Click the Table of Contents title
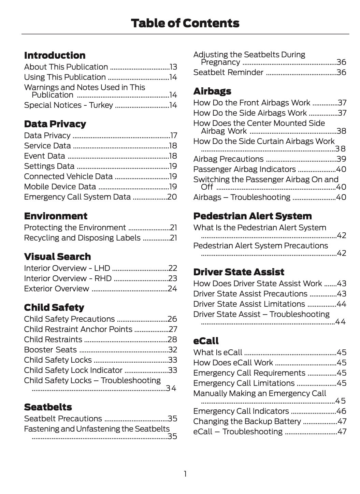pyautogui.click(x=185, y=23)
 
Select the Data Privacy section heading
pyautogui.click(x=55, y=124)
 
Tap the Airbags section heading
pyautogui.click(x=212, y=91)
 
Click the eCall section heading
pyautogui.click(x=206, y=341)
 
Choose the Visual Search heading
pyautogui.click(x=57, y=257)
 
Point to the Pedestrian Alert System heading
pyautogui.click(x=253, y=216)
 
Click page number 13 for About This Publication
pyautogui.click(x=173, y=67)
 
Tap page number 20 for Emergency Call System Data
pyautogui.click(x=172, y=197)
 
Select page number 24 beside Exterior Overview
pyautogui.click(x=172, y=289)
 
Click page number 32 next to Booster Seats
pyautogui.click(x=173, y=350)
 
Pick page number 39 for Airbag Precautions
pyautogui.click(x=341, y=159)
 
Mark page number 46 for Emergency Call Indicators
pyautogui.click(x=341, y=411)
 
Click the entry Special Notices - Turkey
pyautogui.click(x=68, y=105)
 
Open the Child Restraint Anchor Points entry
pyautogui.click(x=78, y=329)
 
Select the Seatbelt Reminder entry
pyautogui.click(x=228, y=72)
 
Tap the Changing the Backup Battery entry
pyautogui.click(x=247, y=421)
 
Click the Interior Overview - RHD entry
pyautogui.click(x=68, y=278)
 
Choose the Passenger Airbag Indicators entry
pyautogui.click(x=244, y=169)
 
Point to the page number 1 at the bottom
pyautogui.click(x=185, y=474)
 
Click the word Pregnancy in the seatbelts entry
pyautogui.click(x=220, y=62)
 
